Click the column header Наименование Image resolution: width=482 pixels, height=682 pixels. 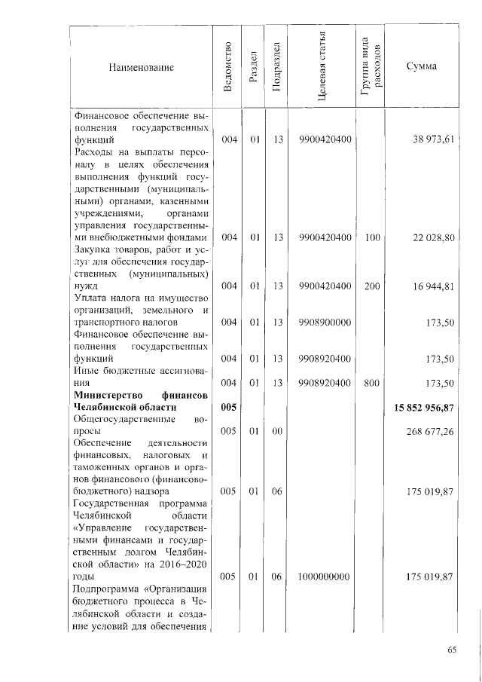(x=141, y=67)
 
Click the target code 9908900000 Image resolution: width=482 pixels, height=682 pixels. (x=324, y=322)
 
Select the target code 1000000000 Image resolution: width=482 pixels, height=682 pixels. (x=324, y=576)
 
